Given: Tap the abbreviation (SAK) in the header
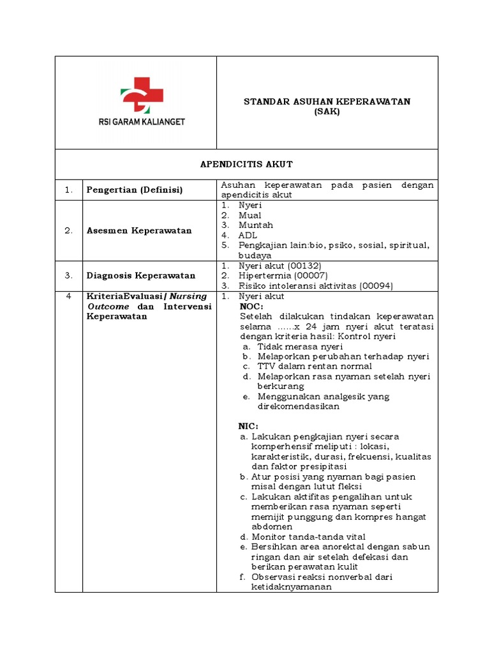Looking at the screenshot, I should point(327,112).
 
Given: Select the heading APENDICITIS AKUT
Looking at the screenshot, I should point(246,165).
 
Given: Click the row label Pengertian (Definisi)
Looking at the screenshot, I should point(135,190).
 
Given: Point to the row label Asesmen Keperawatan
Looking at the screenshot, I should point(139,231).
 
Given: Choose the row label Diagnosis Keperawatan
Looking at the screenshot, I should point(141,275).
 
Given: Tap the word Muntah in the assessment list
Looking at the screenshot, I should point(255,225).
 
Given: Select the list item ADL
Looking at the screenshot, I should point(248,235).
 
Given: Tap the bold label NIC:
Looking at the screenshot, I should point(248,426).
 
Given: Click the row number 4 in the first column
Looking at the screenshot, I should point(68,296).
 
